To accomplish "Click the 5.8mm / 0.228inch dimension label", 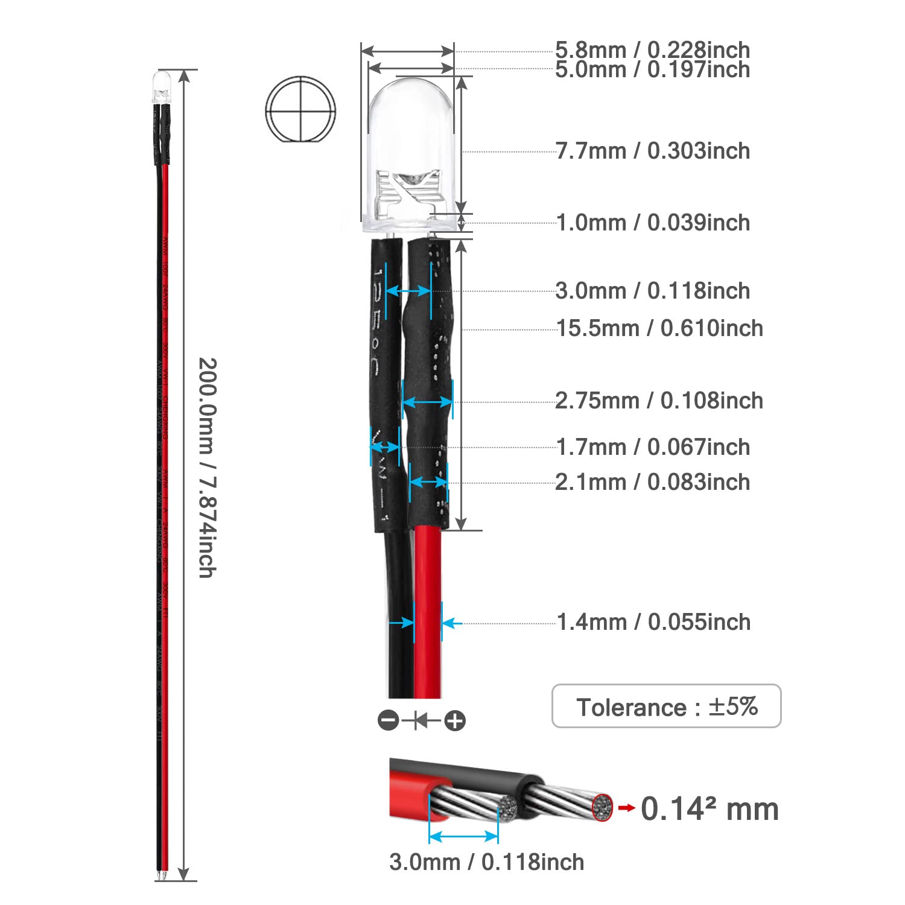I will (x=652, y=50).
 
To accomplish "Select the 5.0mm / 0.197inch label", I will (x=652, y=69).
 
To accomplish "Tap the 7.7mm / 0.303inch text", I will (x=652, y=151).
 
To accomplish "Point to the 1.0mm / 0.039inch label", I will (x=652, y=223).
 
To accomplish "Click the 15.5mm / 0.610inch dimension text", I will (x=659, y=328).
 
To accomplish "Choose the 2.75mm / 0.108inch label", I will (x=659, y=401).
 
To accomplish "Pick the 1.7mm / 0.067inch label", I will (x=652, y=447).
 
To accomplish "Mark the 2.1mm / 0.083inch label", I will (x=652, y=482).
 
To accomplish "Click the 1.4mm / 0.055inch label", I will (x=653, y=622).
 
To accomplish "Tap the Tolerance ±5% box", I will (x=666, y=707).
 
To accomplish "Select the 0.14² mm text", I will (x=710, y=809).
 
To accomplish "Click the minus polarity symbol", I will (x=389, y=720).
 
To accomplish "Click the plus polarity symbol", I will (x=455, y=720).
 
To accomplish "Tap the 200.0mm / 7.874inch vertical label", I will (x=207, y=468).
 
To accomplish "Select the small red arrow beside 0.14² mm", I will (x=627, y=808).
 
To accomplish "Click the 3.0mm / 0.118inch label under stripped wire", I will (x=486, y=862).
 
